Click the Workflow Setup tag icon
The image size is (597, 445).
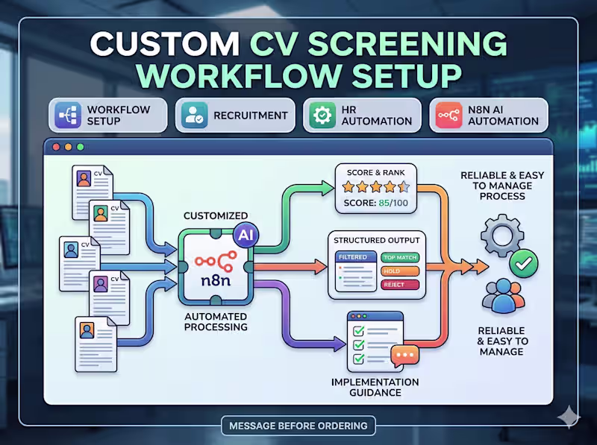tap(69, 116)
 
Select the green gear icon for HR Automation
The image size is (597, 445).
tap(322, 116)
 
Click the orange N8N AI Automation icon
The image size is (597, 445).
tap(449, 116)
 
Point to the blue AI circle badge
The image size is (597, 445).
tap(244, 234)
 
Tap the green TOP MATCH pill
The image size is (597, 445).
tap(399, 257)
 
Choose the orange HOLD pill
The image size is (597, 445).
tap(393, 271)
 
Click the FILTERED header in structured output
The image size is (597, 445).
tap(352, 257)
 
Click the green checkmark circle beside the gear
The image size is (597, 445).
tap(522, 262)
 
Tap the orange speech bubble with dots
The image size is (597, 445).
tap(404, 355)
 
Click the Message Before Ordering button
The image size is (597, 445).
tap(298, 426)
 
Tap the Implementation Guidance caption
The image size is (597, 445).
tap(375, 388)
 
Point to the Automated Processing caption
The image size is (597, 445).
tap(216, 321)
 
